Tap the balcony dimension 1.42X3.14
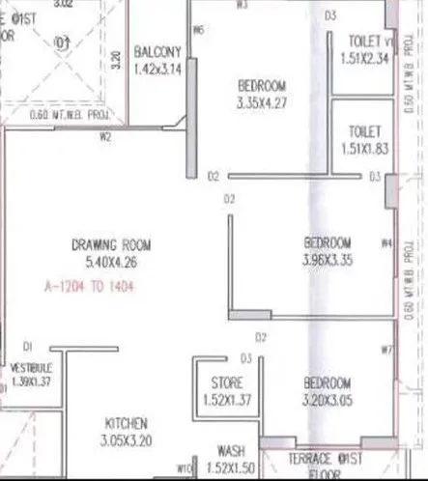[x=157, y=69]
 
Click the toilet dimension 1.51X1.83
[x=365, y=147]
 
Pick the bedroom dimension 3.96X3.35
[x=327, y=259]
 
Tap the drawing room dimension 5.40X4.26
[x=111, y=260]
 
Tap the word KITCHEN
[x=126, y=423]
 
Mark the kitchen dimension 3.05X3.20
[x=126, y=441]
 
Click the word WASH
[x=230, y=451]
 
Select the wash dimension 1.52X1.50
[x=230, y=467]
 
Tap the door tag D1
[x=29, y=346]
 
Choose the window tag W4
[x=386, y=242]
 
